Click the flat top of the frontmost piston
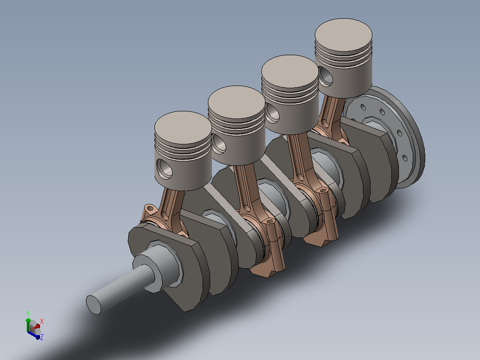pyautogui.click(x=183, y=127)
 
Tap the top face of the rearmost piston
pyautogui.click(x=343, y=35)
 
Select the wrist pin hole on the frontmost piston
pyautogui.click(x=164, y=168)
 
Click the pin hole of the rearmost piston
pyautogui.click(x=325, y=76)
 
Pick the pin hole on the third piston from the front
pyautogui.click(x=273, y=113)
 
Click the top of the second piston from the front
pyautogui.click(x=236, y=102)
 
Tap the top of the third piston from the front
pyautogui.click(x=290, y=71)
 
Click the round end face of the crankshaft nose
pyautogui.click(x=94, y=305)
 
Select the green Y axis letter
pyautogui.click(x=28, y=314)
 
